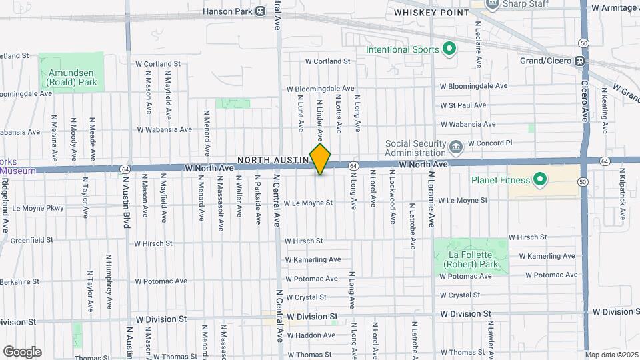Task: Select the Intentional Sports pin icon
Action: [449, 49]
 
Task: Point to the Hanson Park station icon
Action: [260, 11]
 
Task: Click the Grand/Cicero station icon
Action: [580, 61]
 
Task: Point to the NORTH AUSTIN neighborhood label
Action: [274, 160]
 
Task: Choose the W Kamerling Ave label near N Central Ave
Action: [313, 259]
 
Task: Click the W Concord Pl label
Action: [489, 143]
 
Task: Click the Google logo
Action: [22, 351]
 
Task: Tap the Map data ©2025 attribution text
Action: [611, 355]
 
